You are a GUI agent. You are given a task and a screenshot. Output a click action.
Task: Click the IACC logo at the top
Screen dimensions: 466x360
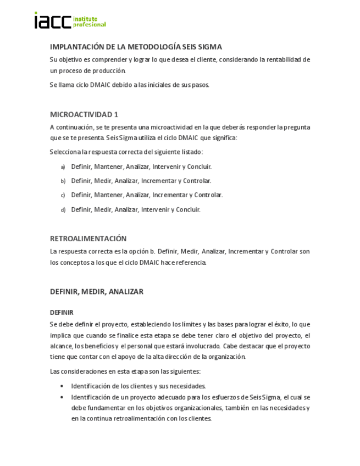pyautogui.click(x=53, y=21)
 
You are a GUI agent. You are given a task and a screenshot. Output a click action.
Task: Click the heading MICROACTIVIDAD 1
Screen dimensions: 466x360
pyautogui.click(x=84, y=114)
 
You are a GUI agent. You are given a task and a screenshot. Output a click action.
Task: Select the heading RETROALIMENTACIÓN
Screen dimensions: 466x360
pyautogui.click(x=88, y=238)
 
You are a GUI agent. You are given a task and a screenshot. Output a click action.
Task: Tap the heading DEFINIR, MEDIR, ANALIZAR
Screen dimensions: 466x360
pyautogui.click(x=97, y=292)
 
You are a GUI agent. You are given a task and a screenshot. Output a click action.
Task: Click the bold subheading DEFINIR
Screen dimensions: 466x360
pyautogui.click(x=62, y=312)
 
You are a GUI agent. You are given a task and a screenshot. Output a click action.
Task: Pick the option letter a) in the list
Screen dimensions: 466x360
pyautogui.click(x=63, y=167)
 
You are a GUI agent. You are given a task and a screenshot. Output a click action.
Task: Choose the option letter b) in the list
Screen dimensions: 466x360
pyautogui.click(x=63, y=181)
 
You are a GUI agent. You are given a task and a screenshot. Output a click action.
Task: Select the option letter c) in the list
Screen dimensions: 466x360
pyautogui.click(x=63, y=195)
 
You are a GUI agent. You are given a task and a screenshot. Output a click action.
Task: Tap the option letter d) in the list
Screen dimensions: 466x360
pyautogui.click(x=63, y=209)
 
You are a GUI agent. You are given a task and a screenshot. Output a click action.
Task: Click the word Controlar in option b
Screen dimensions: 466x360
pyautogui.click(x=197, y=180)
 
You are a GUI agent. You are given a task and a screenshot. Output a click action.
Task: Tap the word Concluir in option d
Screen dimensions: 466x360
pyautogui.click(x=187, y=209)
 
